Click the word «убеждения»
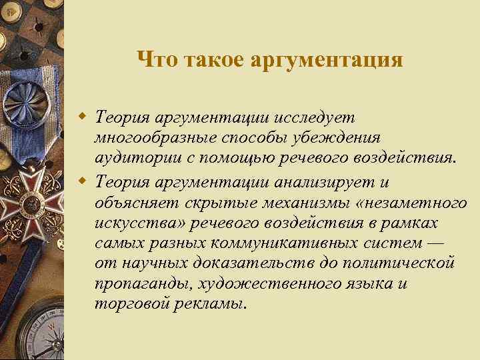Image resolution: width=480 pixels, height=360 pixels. point(340,139)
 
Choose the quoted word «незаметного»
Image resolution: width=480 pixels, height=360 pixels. point(405,201)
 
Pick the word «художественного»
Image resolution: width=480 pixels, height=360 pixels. point(269,285)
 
